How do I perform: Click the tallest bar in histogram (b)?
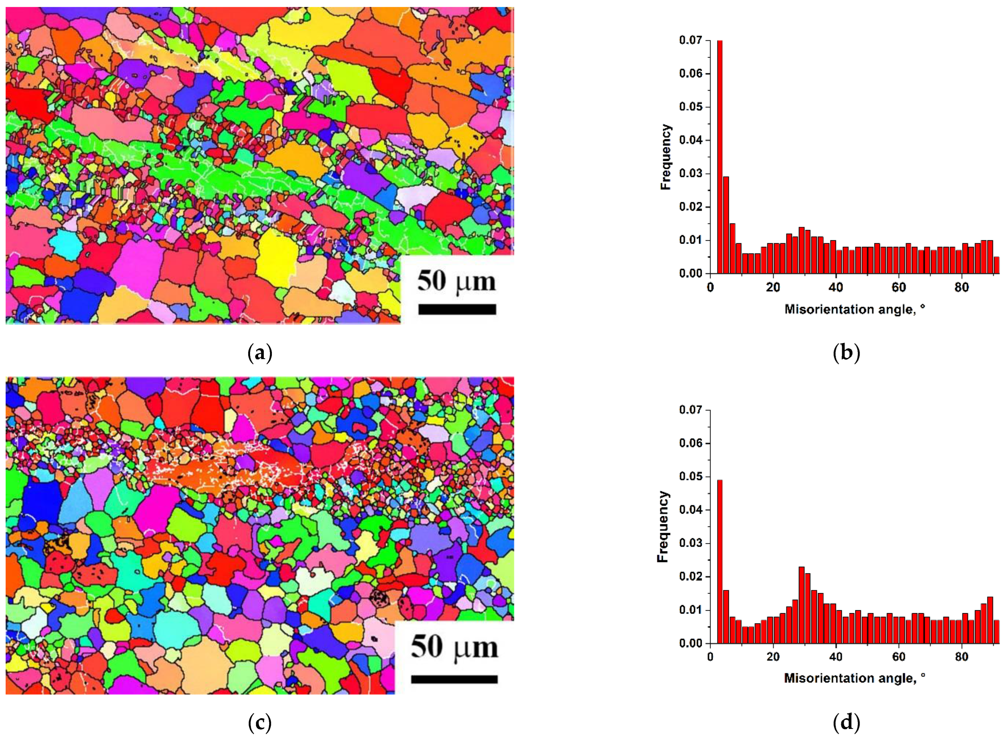tap(720, 156)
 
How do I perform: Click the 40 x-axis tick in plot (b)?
tap(836, 287)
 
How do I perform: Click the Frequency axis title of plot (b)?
tap(666, 157)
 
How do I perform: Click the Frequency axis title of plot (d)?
tap(663, 526)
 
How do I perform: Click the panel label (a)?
tap(259, 353)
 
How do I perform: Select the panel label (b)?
tap(846, 353)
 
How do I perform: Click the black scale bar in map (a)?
tap(457, 309)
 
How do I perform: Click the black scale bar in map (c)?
tap(454, 679)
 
